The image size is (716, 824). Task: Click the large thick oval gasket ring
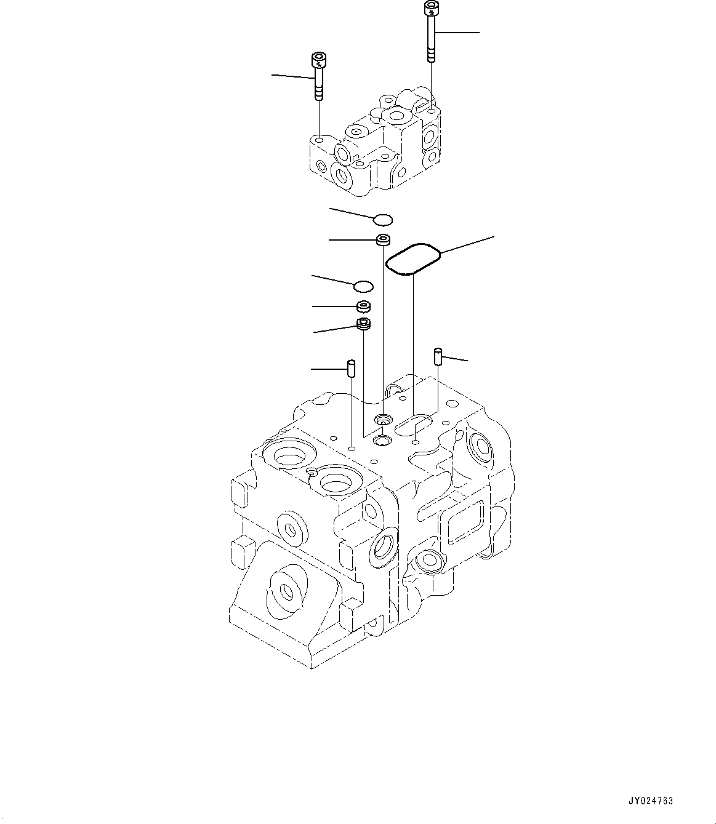click(x=412, y=259)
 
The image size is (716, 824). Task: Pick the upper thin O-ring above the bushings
click(x=384, y=218)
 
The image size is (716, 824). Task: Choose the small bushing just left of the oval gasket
click(x=384, y=239)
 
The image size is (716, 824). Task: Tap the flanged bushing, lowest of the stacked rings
click(x=364, y=324)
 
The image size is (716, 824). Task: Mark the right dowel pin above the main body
click(x=438, y=356)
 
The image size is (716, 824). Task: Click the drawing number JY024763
click(x=651, y=801)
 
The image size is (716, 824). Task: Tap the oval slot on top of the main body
click(x=413, y=425)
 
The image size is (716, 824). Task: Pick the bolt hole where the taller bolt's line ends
click(x=433, y=113)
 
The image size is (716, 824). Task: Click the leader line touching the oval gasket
click(x=467, y=244)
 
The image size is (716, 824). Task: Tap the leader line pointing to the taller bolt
click(x=459, y=31)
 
